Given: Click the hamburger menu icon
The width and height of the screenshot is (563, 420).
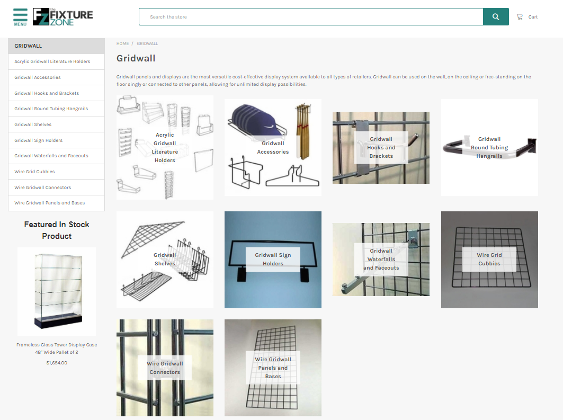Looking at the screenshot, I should [x=20, y=16].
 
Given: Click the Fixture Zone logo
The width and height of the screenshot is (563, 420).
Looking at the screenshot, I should [x=62, y=17].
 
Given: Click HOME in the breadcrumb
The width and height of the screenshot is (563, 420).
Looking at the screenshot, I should [x=122, y=43].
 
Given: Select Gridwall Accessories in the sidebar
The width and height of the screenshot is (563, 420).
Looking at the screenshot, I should [x=38, y=77].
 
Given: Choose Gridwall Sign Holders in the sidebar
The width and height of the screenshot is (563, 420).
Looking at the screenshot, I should [x=39, y=140].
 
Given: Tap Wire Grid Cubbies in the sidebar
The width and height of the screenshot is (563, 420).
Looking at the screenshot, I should [x=34, y=172].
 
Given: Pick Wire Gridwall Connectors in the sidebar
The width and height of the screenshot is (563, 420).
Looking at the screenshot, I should [x=42, y=187].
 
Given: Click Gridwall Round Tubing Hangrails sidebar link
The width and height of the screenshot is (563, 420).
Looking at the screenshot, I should [x=51, y=109].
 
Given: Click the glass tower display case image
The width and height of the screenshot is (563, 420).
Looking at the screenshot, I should [x=57, y=291].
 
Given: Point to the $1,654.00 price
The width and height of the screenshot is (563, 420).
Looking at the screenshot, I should [x=57, y=363].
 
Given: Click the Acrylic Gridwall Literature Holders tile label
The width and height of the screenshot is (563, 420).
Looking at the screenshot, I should [x=165, y=148].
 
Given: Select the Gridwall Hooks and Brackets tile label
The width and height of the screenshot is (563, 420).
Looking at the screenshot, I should [x=381, y=148].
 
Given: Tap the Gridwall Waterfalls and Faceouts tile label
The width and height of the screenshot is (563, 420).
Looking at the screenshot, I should [x=381, y=260].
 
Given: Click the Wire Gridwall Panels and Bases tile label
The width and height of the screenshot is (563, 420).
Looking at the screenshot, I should [x=273, y=368].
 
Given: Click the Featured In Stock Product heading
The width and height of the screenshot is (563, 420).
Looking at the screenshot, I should [x=57, y=230].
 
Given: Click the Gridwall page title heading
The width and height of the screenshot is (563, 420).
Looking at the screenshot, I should [x=136, y=58].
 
